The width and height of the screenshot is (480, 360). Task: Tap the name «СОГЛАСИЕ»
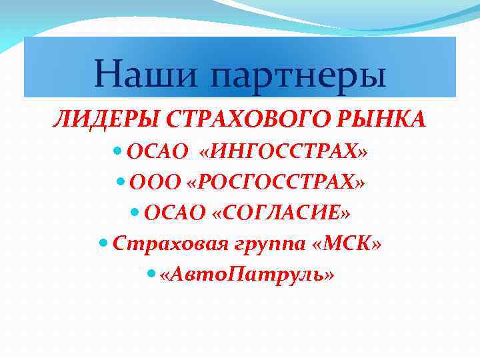pos(280,213)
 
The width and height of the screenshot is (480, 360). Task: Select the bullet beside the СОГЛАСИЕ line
pos(135,212)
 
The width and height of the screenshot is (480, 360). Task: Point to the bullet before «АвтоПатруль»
pos(150,273)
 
